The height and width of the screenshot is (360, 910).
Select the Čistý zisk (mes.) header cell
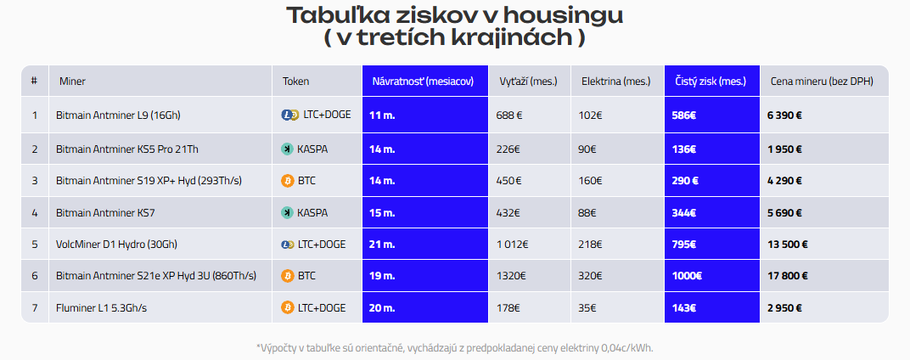pos(711,82)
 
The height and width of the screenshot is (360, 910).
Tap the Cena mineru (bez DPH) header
pos(822,82)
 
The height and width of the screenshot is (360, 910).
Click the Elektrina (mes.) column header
pos(615,82)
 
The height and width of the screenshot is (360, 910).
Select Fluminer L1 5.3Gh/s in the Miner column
pos(101,308)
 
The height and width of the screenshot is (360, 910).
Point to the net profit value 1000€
pos(688,276)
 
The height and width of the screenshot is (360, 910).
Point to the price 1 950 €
pos(785,149)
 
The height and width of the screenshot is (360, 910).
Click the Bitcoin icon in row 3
pos(288,180)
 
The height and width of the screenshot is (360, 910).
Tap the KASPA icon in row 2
pos(288,149)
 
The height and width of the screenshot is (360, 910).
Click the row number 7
pos(35,308)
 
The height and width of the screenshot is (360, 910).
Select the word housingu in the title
pos(553,15)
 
